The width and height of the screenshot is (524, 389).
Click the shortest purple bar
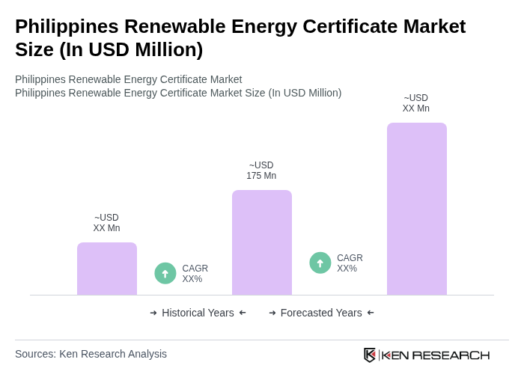coord(107,269)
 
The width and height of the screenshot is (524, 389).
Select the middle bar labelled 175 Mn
coord(262,242)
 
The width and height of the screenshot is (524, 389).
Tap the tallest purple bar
coord(417,209)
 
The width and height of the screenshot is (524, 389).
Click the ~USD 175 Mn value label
coord(261,171)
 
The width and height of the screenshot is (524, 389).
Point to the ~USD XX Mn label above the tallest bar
coord(416,103)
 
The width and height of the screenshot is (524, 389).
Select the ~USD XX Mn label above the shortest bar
coord(106,223)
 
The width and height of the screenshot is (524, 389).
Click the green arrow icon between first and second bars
coord(165,273)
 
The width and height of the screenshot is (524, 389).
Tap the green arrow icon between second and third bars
coord(320,263)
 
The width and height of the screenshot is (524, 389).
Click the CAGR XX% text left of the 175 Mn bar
coord(195,274)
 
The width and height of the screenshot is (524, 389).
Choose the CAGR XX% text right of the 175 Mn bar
coord(350,263)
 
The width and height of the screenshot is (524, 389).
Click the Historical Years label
coord(198,313)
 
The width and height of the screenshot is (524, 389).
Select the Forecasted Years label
coord(321,313)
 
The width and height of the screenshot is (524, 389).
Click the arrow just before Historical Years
coord(153,313)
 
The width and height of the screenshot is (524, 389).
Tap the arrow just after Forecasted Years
coord(371,313)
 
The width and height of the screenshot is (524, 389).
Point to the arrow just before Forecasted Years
coord(272,313)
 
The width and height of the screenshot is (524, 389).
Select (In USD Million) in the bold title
coord(131,49)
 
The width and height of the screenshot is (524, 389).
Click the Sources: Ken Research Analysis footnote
coord(91,354)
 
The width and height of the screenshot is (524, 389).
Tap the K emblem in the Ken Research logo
coord(370,355)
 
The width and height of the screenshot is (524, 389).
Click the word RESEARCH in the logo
coord(451,355)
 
